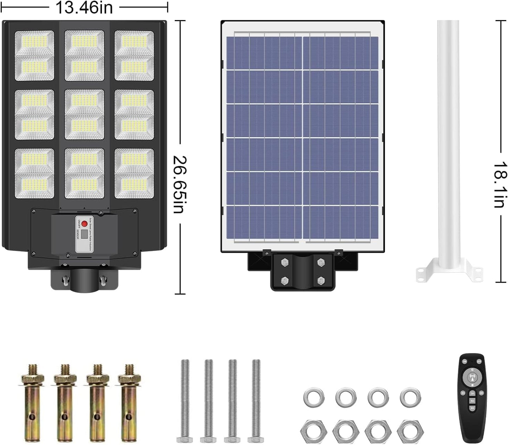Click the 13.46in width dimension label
(x=84, y=8)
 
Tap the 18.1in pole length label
(x=500, y=184)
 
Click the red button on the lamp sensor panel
(x=84, y=224)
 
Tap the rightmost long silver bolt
(x=256, y=401)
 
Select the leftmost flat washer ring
(x=314, y=397)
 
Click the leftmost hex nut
(x=314, y=430)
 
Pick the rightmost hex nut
(x=410, y=430)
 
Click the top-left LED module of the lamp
(x=34, y=56)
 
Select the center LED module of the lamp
(x=84, y=115)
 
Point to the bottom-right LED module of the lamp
(x=134, y=174)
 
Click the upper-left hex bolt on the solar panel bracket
(x=284, y=262)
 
